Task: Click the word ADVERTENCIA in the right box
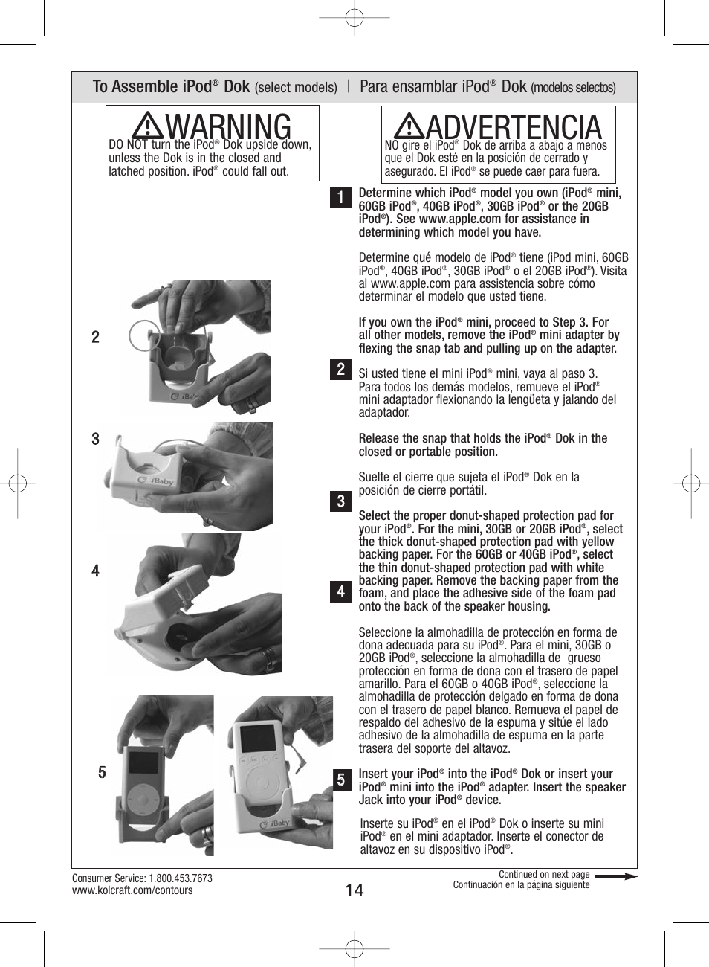(x=514, y=126)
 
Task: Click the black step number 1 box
(x=340, y=197)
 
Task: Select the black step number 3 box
(x=340, y=501)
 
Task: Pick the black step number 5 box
(x=340, y=780)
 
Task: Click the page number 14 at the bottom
(x=354, y=890)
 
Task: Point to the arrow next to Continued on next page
(x=615, y=876)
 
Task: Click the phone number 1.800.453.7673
(x=181, y=878)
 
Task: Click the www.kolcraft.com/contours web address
(x=132, y=890)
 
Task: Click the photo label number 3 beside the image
(x=95, y=439)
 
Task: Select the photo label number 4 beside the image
(x=95, y=571)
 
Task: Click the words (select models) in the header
(x=296, y=88)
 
